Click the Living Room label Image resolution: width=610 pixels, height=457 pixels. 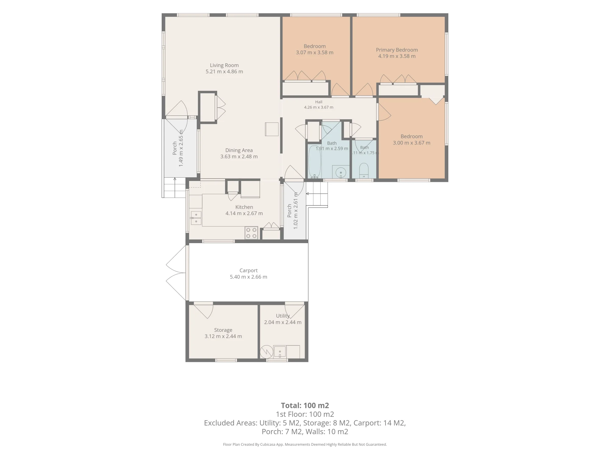(224, 65)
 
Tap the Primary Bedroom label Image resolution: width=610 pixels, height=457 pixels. (397, 50)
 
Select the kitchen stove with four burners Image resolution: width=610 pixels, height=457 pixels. (251, 233)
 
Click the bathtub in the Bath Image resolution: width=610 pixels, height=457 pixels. (314, 162)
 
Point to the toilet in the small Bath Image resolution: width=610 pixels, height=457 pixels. (364, 171)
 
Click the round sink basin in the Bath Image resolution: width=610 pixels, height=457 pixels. (341, 172)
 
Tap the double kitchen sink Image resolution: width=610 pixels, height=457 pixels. (196, 218)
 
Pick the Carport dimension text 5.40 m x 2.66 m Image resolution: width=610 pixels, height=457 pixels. (249, 277)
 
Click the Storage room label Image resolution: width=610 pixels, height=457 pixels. (223, 330)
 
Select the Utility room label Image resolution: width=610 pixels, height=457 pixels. (283, 316)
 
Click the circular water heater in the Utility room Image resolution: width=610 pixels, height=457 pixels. (266, 352)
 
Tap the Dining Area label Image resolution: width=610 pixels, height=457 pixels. (239, 150)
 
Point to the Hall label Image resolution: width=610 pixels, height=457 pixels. (319, 102)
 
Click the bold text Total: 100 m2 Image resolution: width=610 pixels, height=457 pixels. (305, 406)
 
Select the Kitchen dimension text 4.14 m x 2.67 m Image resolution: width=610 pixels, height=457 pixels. (244, 214)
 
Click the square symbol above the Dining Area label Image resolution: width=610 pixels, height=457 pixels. (272, 129)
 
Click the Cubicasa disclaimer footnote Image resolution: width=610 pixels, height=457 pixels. (305, 445)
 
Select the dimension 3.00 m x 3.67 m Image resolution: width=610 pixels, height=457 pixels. (412, 143)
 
